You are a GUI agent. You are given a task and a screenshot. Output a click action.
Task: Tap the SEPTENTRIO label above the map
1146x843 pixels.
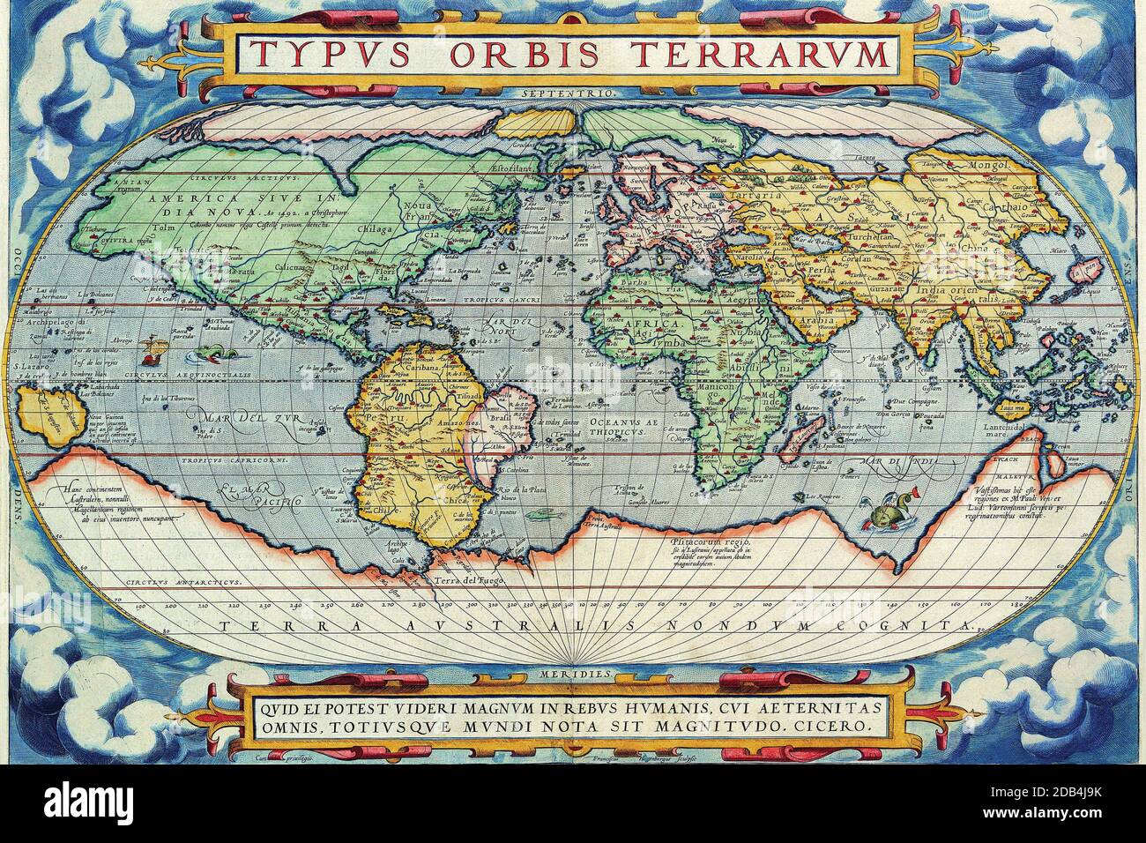point(573,91)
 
